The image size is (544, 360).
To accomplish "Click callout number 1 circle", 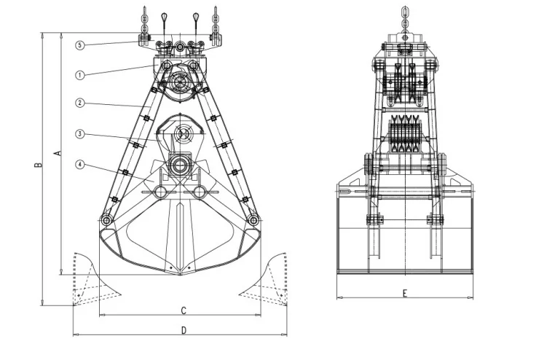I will [x=80, y=74].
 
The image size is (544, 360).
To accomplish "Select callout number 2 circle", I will [x=80, y=103].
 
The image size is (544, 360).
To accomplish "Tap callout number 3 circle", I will [x=80, y=134].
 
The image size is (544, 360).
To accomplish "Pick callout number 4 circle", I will [x=80, y=165].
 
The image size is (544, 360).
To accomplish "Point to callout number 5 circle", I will [x=80, y=45].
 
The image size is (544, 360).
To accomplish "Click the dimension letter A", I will [x=58, y=152].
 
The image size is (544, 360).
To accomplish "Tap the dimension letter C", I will [x=183, y=310].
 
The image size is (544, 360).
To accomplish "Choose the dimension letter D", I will [x=183, y=330].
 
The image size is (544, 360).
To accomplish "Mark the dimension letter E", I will [x=404, y=293].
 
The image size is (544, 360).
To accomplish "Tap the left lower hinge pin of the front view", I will [x=107, y=219].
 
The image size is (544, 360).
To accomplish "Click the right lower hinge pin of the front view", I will [x=253, y=219].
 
